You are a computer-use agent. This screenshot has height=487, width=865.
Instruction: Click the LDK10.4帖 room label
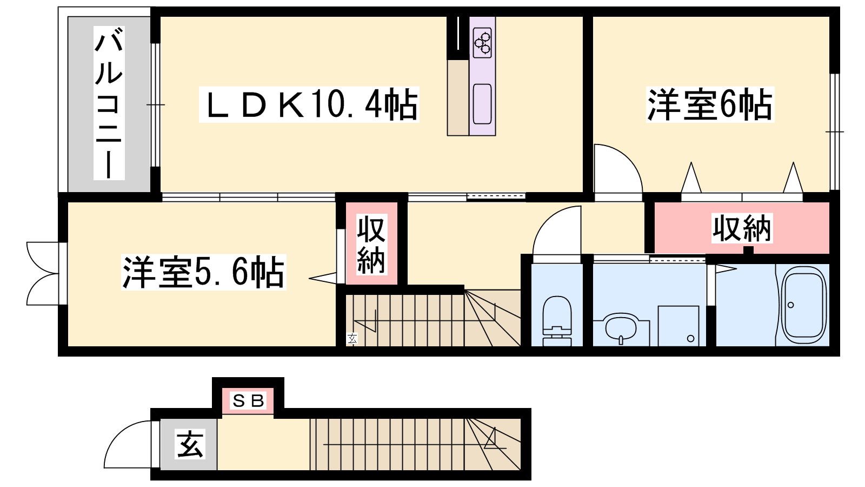pos(309,104)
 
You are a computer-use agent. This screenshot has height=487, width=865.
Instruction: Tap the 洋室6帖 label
pos(710,104)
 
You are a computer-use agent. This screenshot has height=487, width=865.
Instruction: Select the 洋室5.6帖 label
pos(203,272)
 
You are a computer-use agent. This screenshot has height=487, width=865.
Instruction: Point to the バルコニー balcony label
pos(109,103)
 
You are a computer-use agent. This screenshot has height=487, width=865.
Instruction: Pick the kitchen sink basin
pos(482,103)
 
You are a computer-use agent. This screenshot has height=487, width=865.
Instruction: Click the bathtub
pos(803,305)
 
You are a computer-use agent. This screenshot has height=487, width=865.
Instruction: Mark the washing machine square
pos(678,326)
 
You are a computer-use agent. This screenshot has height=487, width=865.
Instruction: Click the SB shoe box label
pos(248,401)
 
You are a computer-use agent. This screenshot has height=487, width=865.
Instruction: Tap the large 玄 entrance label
pos(189,444)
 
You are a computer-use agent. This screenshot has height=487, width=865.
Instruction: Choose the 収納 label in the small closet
pos(371,244)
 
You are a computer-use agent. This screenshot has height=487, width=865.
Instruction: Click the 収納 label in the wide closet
pos(742,228)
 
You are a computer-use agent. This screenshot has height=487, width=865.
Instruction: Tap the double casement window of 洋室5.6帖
pos(43,274)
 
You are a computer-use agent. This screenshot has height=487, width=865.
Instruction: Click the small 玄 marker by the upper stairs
pos(352,338)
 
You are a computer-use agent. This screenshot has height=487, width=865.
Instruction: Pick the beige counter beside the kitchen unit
pos(458,97)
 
